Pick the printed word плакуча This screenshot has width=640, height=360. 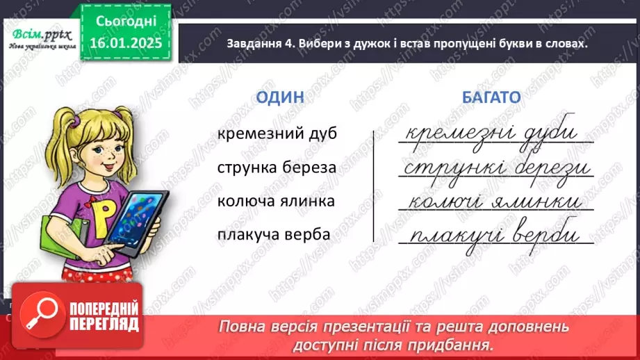point(252,234)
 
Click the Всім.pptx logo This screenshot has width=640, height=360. point(40,36)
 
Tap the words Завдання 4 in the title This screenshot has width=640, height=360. point(259,43)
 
